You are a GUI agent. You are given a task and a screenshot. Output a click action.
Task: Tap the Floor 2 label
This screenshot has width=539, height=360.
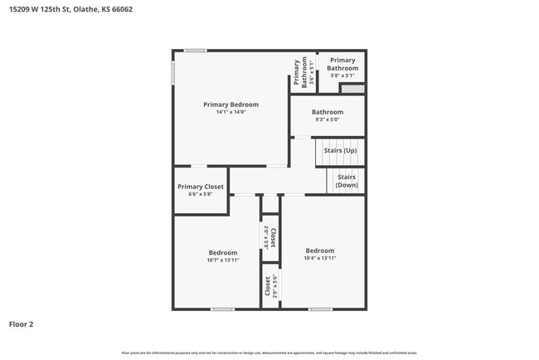pos(22,324)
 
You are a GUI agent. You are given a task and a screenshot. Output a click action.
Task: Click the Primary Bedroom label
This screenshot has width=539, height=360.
pos(231,105)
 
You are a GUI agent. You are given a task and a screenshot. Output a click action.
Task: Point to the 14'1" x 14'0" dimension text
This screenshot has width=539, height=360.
pos(231,112)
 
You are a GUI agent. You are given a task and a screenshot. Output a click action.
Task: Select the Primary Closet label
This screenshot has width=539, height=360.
pos(201,187)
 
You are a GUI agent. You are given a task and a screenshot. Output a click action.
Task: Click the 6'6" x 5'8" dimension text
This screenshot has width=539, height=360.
pos(201,195)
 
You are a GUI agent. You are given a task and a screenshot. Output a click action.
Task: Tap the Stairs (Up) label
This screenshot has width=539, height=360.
pos(340,151)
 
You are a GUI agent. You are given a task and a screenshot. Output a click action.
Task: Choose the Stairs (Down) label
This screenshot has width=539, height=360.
pos(347,181)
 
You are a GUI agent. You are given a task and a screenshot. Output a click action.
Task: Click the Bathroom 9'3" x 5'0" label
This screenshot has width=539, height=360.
pos(327,115)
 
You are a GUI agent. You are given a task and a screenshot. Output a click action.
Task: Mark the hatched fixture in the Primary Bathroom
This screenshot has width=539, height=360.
pos(354,88)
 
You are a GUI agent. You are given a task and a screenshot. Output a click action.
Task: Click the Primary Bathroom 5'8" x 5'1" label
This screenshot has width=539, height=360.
pos(342,67)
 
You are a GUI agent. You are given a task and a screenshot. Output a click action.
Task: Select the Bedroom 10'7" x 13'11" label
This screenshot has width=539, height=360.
pos(222,256)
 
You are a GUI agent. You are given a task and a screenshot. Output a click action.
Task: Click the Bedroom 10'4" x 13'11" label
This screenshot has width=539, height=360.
pos(319,254)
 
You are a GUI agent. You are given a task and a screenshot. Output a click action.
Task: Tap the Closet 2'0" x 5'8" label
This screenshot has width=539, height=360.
pos(269,237)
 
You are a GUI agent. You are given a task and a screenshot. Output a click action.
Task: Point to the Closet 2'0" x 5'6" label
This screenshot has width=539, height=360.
pos(269,286)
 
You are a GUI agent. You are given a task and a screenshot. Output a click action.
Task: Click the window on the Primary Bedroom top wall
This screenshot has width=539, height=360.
pos(196,51)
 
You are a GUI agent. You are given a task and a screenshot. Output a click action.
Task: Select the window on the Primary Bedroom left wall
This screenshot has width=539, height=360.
pos(173,72)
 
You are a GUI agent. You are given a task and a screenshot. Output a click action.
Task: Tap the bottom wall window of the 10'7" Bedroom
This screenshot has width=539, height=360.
pos(221,309)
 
